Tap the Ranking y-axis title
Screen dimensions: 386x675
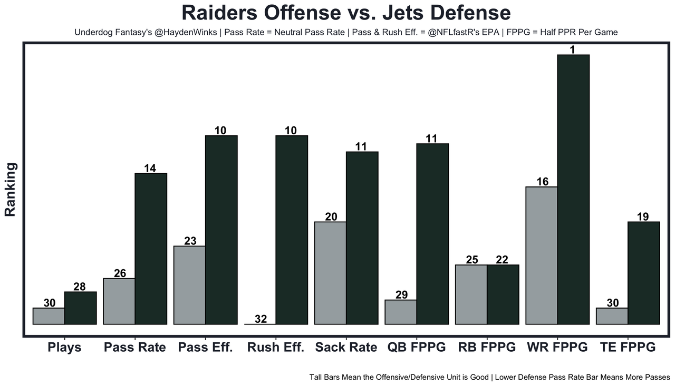(11, 189)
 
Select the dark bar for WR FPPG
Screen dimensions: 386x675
(573, 190)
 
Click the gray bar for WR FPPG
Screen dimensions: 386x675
(542, 255)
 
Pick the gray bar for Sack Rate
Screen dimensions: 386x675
(330, 273)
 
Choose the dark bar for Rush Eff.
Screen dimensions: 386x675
(292, 230)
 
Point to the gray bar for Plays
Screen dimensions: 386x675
(49, 316)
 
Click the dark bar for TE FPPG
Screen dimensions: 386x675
(643, 273)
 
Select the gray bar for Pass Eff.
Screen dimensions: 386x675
(189, 285)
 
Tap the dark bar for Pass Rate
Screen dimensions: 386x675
(151, 249)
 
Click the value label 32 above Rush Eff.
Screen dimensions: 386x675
(261, 319)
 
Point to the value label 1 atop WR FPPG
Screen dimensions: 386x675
(573, 50)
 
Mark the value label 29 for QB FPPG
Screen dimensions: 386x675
(401, 294)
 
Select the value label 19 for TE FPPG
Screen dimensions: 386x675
(642, 216)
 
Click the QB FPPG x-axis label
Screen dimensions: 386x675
(416, 348)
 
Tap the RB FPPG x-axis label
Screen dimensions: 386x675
(486, 348)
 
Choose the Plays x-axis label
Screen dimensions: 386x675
(64, 348)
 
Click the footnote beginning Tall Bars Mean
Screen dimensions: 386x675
(489, 377)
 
